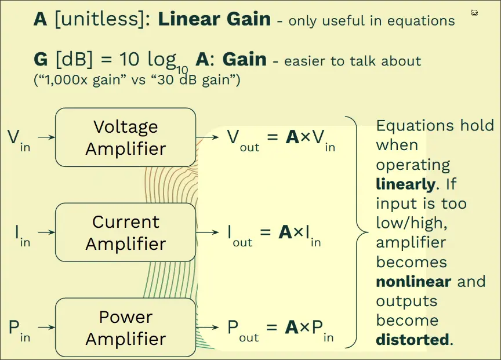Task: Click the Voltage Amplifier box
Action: pos(125,137)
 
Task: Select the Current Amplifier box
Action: pos(125,232)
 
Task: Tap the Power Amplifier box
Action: pos(125,328)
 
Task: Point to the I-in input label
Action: pos(23,234)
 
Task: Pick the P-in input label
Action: pos(19,329)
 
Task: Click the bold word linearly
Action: pos(405,184)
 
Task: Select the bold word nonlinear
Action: pos(413,282)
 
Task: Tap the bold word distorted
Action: pos(412,340)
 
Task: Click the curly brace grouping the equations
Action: pos(356,232)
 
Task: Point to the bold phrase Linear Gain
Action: pos(214,19)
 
